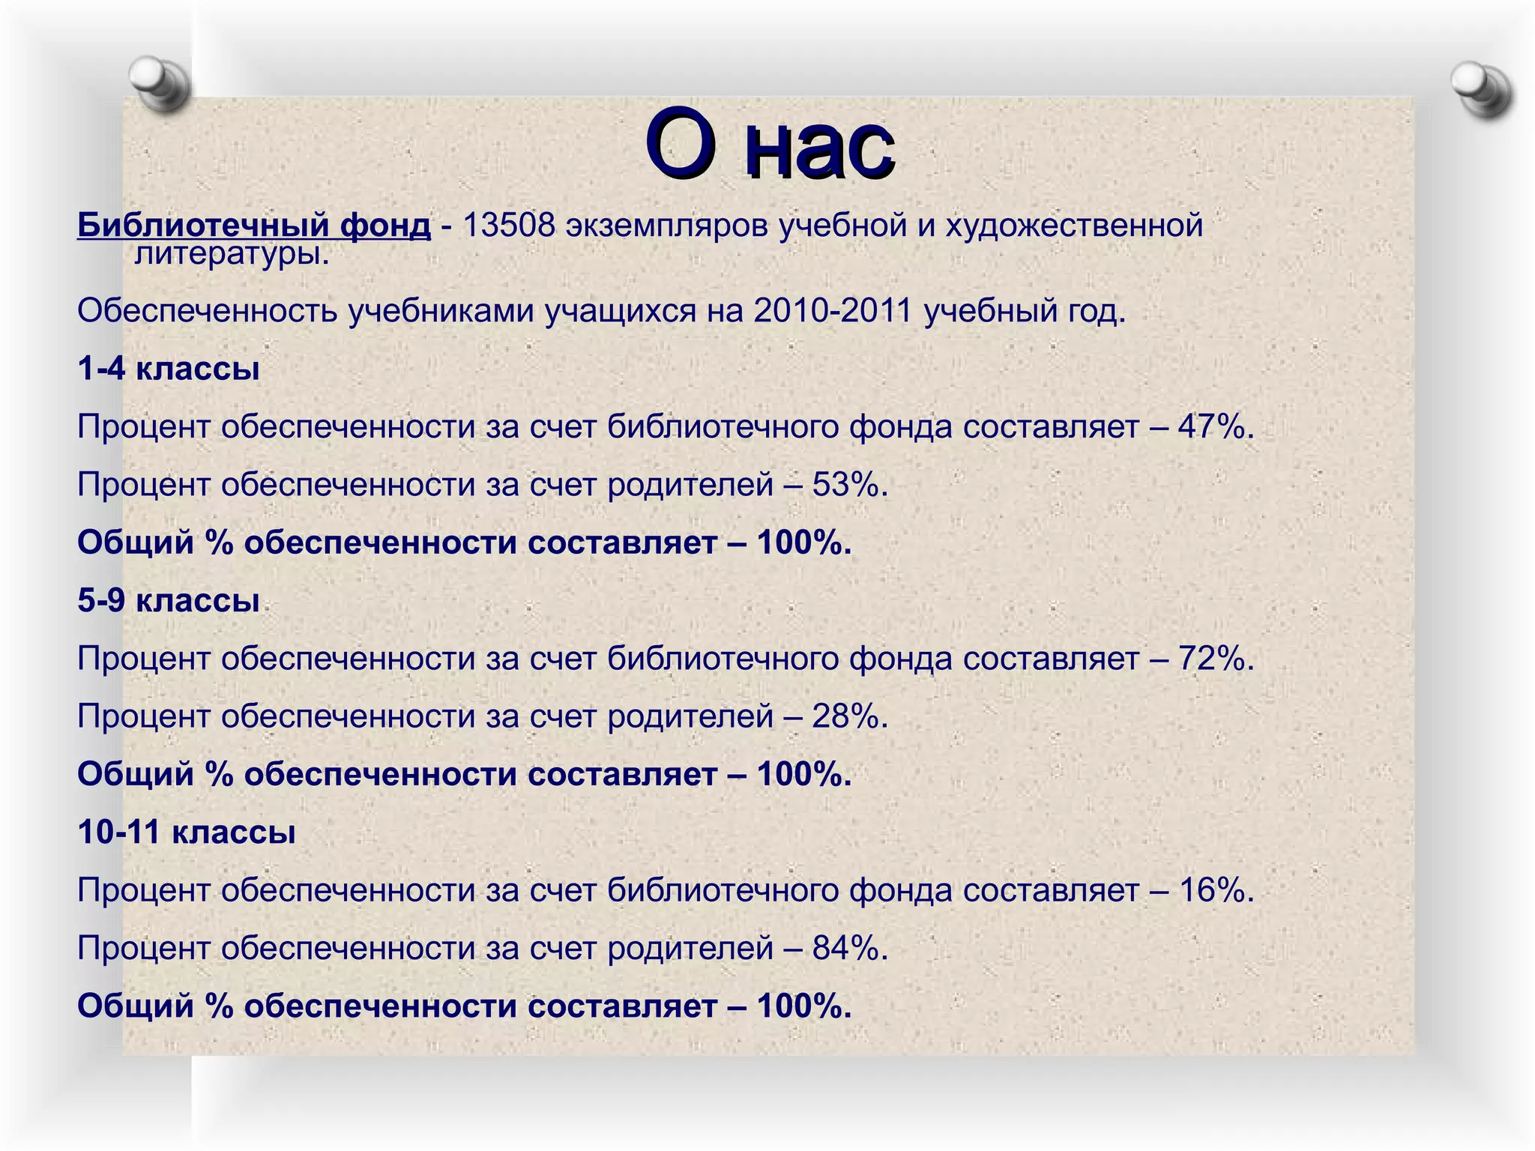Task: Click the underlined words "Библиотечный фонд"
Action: pos(254,225)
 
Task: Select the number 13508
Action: pos(509,225)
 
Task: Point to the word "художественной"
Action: pos(1073,225)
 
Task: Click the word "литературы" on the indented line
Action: pos(230,255)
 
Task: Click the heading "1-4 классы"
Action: pos(169,369)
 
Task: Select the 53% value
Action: pos(849,484)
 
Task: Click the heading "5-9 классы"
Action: pos(169,600)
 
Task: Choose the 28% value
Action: pos(849,716)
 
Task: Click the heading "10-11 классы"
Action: pos(187,832)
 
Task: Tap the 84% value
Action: pos(849,948)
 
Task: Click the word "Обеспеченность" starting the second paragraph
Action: pos(207,310)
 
